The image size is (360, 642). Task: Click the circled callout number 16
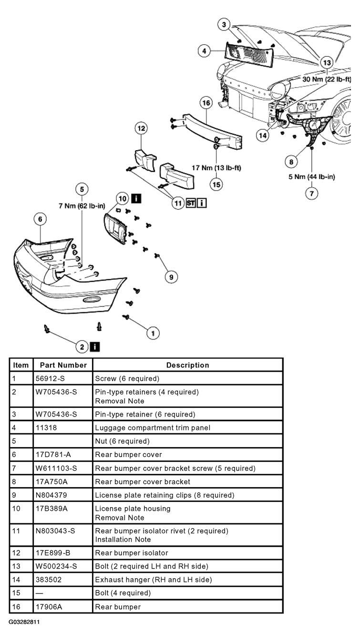[x=206, y=103]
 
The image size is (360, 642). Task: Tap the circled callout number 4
[x=204, y=51]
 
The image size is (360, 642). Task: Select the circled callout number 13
[x=327, y=62]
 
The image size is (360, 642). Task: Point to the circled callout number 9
[x=171, y=277]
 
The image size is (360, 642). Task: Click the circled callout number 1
[x=153, y=333]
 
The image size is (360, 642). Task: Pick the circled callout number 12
[x=141, y=128]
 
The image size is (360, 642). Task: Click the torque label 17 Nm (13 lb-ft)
[x=216, y=168]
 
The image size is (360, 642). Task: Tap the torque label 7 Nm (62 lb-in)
[x=82, y=206]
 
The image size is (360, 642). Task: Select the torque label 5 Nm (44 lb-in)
[x=311, y=176]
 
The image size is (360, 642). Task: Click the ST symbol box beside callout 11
[x=191, y=203]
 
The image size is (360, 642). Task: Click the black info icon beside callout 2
[x=95, y=347]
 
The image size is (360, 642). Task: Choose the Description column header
[x=188, y=365]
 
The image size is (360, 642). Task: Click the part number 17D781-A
[x=53, y=455]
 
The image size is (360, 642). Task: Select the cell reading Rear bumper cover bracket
[x=143, y=481]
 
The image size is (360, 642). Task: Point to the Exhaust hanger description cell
[x=154, y=580]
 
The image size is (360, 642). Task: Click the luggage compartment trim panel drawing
[x=249, y=55]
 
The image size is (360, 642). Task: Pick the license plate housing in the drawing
[x=115, y=228]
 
